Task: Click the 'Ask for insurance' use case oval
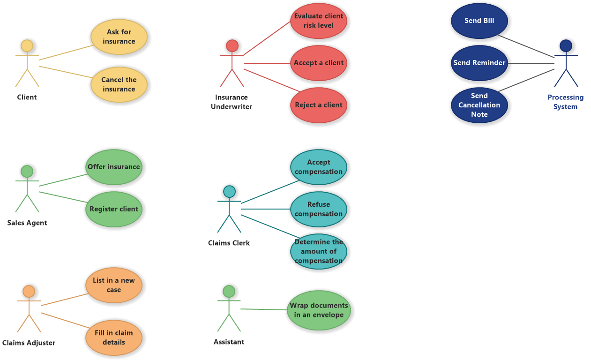coord(119,37)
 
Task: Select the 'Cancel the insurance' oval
coord(119,84)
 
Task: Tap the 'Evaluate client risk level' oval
coord(319,21)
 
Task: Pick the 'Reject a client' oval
coord(319,105)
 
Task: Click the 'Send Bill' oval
coord(479,21)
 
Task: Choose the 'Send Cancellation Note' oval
coord(479,105)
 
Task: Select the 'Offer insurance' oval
coord(114,167)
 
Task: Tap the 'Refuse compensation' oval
coord(319,209)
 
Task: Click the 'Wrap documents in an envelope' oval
coord(319,310)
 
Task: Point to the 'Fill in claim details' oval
coord(114,337)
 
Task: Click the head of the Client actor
coord(27,46)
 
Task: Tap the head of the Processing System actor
coord(566,45)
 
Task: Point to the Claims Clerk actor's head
coord(229,191)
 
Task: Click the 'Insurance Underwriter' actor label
coord(232,102)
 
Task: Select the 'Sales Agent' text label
coord(27,223)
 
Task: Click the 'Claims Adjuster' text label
coord(29,343)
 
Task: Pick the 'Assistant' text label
coord(229,342)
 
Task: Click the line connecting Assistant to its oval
coord(264,309)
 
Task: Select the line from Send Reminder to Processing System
coord(531,63)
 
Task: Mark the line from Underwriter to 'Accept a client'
coord(267,63)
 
